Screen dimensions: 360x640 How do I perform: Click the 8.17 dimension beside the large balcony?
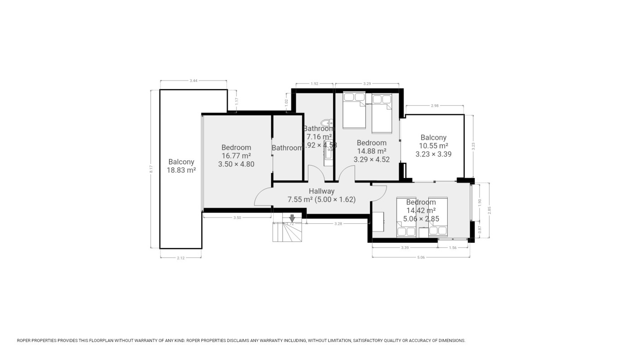pyautogui.click(x=151, y=169)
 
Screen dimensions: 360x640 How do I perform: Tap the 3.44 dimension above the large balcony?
pyautogui.click(x=193, y=80)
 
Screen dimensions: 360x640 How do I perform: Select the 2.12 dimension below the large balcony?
pyautogui.click(x=181, y=258)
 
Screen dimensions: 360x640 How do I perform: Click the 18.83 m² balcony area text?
pyautogui.click(x=181, y=170)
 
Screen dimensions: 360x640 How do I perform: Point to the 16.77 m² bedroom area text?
pyautogui.click(x=236, y=156)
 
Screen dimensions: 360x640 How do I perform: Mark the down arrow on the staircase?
pyautogui.click(x=292, y=218)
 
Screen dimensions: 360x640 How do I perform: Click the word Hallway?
pyautogui.click(x=321, y=191)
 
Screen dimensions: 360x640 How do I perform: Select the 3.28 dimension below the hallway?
pyautogui.click(x=338, y=223)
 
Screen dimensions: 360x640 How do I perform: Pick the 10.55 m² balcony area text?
pyautogui.click(x=433, y=146)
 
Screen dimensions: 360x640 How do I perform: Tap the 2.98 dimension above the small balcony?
pyautogui.click(x=434, y=106)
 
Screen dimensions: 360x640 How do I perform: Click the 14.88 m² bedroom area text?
pyautogui.click(x=371, y=151)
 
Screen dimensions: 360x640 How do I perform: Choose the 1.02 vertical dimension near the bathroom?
pyautogui.click(x=287, y=102)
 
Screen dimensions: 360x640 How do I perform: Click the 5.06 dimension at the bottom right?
pyautogui.click(x=421, y=258)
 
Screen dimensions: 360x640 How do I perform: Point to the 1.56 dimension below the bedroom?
pyautogui.click(x=453, y=248)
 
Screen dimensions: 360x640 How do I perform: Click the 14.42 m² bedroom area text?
pyautogui.click(x=421, y=211)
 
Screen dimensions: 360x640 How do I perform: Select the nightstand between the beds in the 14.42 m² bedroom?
pyautogui.click(x=422, y=232)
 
